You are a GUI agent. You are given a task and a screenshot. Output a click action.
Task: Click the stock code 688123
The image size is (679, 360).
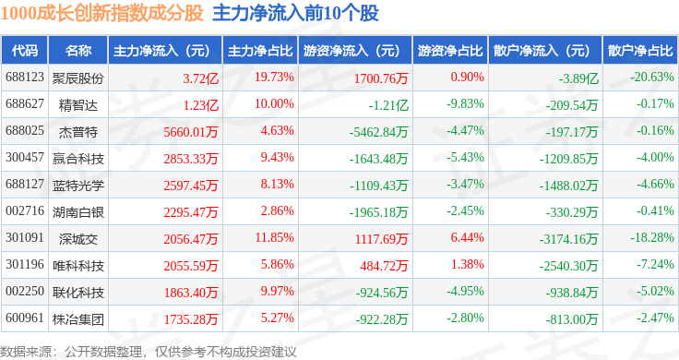25,78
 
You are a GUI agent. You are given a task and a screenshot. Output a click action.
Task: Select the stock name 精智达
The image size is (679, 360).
78,105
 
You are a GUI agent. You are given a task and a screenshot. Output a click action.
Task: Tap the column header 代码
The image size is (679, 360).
25,51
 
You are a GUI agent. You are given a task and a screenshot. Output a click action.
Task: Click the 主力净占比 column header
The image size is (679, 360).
260,51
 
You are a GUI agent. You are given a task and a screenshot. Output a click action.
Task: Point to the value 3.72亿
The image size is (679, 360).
200,78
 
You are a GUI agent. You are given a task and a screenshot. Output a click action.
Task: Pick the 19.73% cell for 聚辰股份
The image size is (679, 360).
274,78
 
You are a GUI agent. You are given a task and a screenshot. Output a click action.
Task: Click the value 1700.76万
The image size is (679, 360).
381,78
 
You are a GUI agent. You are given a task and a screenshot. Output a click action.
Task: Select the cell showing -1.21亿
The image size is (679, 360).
388,105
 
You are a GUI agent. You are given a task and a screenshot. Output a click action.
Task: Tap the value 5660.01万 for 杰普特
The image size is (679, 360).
191,132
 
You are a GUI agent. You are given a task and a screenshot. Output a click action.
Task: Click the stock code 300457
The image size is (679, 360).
25,157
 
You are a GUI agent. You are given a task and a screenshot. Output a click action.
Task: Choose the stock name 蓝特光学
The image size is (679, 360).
78,186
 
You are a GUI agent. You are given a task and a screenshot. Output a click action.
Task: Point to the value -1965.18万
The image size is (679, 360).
379,212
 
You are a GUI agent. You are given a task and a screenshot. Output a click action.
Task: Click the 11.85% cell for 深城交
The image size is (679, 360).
274,238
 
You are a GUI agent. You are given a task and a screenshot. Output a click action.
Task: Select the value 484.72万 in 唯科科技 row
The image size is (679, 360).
384,266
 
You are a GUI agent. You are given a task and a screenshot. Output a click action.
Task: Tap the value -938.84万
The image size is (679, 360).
572,293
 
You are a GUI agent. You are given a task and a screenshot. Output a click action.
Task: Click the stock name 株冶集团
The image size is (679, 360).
78,319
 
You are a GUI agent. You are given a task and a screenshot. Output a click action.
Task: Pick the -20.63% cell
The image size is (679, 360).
652,78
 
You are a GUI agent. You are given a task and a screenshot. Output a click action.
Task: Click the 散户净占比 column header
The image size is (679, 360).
640,51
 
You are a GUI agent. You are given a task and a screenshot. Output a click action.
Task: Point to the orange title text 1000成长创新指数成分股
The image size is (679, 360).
101,13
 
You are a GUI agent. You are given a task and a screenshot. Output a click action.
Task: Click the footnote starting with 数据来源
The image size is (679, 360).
149,352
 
